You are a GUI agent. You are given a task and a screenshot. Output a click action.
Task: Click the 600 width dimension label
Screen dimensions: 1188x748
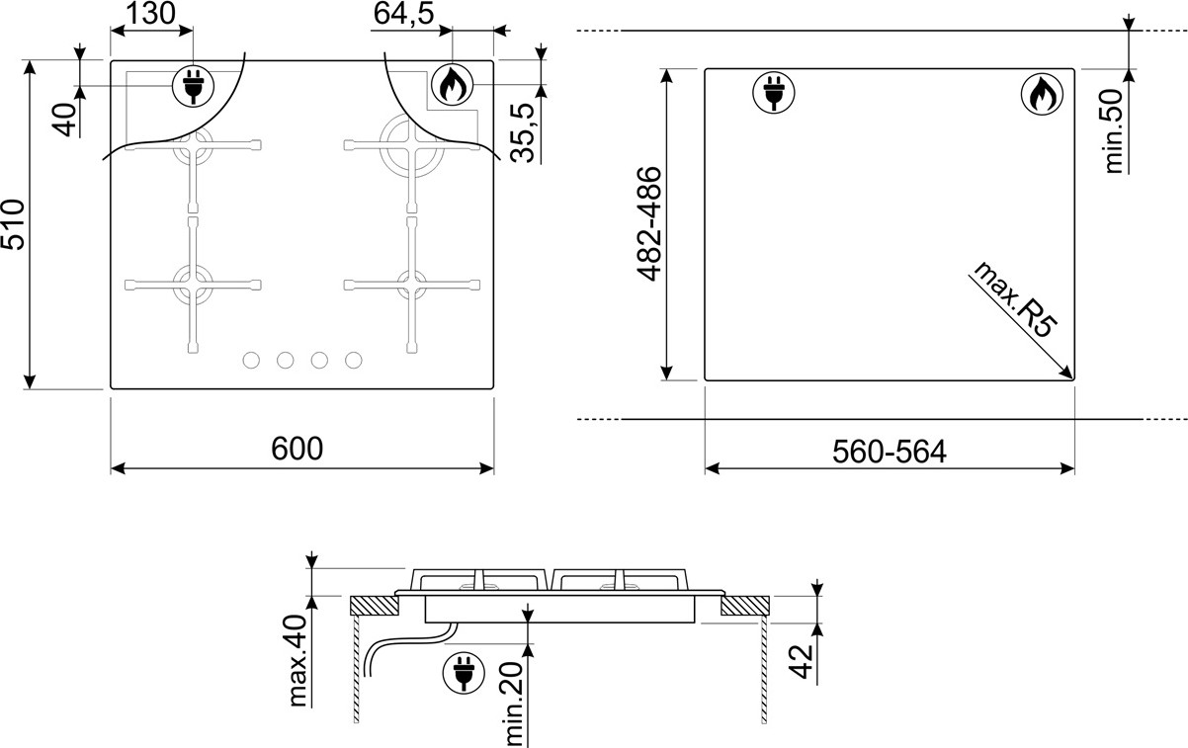[297, 449]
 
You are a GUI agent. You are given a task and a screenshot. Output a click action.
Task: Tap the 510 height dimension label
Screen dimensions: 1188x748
[13, 224]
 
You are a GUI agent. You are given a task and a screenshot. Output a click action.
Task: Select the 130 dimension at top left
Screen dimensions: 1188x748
[150, 13]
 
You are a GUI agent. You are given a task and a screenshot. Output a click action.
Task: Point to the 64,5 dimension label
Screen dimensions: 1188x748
[403, 13]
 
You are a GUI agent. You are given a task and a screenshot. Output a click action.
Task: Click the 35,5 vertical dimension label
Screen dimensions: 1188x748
[523, 132]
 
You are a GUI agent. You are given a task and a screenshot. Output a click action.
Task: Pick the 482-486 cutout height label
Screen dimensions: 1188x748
[649, 223]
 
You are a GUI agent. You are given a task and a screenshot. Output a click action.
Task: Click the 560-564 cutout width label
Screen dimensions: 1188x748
[889, 453]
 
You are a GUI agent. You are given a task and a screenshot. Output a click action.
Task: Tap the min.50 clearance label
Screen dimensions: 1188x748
[1115, 131]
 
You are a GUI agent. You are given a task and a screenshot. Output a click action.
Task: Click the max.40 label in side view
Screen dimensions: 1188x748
[298, 660]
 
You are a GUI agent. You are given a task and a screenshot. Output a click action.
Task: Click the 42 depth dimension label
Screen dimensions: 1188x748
[802, 662]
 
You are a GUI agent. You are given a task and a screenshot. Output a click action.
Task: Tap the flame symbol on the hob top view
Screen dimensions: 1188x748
[452, 85]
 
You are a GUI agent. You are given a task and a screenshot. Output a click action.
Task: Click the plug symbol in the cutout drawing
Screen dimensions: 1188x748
[774, 93]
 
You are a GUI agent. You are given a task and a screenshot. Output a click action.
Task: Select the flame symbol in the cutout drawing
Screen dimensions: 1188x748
[1042, 94]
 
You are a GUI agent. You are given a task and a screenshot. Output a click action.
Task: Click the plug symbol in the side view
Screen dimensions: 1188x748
[464, 672]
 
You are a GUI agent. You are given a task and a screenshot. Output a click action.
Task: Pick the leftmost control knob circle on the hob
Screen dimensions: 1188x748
[251, 361]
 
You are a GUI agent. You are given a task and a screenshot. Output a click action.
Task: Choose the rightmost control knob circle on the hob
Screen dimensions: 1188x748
[353, 361]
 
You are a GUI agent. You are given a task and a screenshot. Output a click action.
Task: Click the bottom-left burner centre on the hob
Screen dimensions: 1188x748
[193, 285]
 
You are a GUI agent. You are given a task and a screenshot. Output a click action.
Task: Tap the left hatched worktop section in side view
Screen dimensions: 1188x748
[375, 606]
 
